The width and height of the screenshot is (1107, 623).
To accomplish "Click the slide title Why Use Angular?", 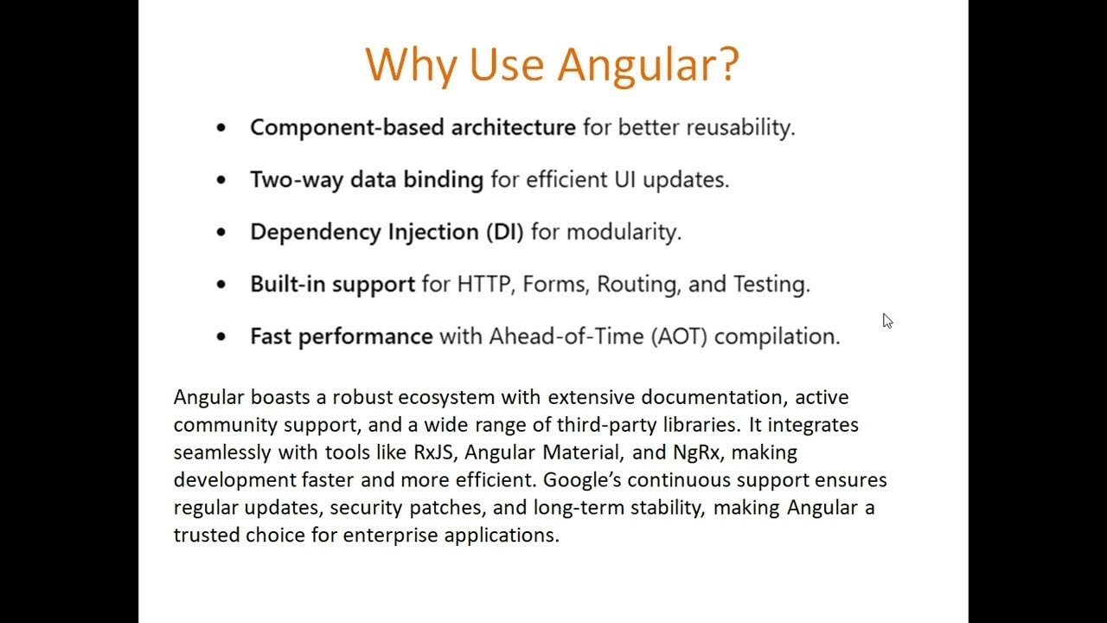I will point(552,63).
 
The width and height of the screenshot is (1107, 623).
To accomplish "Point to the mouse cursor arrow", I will point(886,320).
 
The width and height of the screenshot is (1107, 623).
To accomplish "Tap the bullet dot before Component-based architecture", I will point(221,128).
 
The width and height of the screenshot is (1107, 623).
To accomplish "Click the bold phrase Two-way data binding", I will point(366,180).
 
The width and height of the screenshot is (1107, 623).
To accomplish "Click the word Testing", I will point(771,284).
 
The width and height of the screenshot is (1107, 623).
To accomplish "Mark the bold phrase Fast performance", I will point(341,336).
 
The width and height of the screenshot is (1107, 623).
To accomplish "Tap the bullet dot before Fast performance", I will point(221,337).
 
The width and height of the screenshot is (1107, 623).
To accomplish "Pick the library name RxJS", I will point(433,453).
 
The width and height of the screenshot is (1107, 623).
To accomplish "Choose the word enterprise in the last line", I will point(390,535).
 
